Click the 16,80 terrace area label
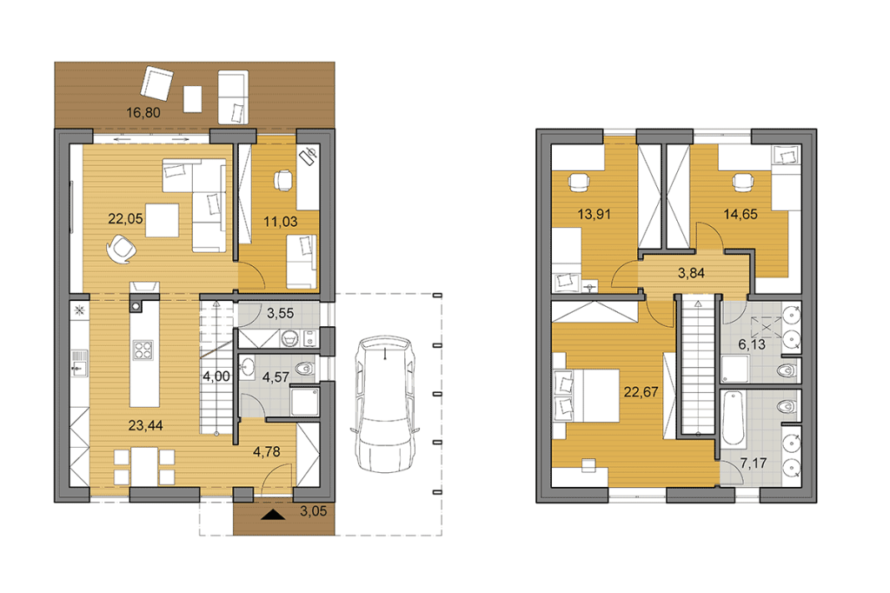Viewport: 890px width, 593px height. click(x=143, y=112)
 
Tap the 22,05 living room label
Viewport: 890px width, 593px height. click(x=125, y=219)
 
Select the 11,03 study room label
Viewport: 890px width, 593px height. click(x=281, y=222)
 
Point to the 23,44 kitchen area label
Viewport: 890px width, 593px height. click(x=145, y=425)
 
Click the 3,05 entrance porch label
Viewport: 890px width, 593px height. click(x=313, y=511)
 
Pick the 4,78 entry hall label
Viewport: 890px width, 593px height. click(x=266, y=451)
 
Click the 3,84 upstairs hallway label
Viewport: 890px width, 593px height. click(x=691, y=273)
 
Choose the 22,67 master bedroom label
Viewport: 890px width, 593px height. click(x=641, y=392)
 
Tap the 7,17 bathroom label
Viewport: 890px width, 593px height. click(x=754, y=463)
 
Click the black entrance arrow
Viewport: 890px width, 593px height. click(x=274, y=515)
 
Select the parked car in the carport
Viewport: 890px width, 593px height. click(x=384, y=403)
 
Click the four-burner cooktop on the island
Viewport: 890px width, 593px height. click(x=143, y=350)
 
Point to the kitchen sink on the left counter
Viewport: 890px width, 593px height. click(x=79, y=363)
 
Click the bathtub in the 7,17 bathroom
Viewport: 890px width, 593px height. click(x=734, y=417)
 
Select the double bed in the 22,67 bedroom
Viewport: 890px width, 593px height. click(x=587, y=396)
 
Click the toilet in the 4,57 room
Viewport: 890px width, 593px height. click(x=303, y=368)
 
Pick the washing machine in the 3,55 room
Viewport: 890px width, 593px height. click(x=290, y=339)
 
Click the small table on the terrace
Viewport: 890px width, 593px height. click(x=192, y=99)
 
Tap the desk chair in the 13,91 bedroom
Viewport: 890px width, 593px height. click(x=578, y=183)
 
